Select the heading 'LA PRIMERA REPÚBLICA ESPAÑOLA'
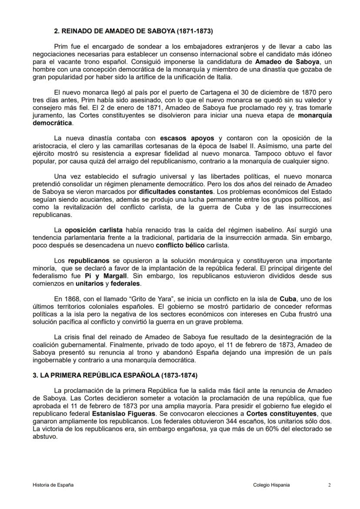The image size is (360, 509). coord(117,375)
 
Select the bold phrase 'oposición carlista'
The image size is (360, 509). coord(95,229)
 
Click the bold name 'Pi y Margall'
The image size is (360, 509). coord(103,275)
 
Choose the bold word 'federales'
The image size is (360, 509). coord(125,283)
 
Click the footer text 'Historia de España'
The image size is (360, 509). coord(53,485)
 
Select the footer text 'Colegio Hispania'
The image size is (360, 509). coord(271,485)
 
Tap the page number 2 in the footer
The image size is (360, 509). coord(329,485)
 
